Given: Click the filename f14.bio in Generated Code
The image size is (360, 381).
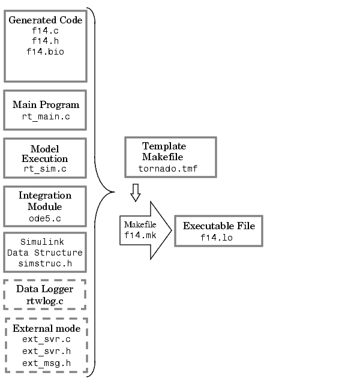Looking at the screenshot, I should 45,52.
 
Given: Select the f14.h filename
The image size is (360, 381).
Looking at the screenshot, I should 45,41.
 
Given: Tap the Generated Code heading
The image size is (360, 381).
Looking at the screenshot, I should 45,20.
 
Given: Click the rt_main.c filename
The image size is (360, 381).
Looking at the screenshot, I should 46,117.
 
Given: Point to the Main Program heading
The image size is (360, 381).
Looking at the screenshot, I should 46,104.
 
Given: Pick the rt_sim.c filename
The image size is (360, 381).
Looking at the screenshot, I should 45,170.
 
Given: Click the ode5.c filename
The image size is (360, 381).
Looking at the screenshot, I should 45,218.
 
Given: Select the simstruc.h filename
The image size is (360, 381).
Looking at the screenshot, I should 45,264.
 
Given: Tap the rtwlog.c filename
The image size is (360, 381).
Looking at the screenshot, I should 45,301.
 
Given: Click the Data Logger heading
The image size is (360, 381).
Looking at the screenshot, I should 45,289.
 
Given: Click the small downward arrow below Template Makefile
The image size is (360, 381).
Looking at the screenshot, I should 136,193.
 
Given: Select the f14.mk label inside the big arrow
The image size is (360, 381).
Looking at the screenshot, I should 140,235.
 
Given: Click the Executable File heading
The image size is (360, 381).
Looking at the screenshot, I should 219,226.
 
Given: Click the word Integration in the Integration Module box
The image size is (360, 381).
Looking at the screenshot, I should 45,196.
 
